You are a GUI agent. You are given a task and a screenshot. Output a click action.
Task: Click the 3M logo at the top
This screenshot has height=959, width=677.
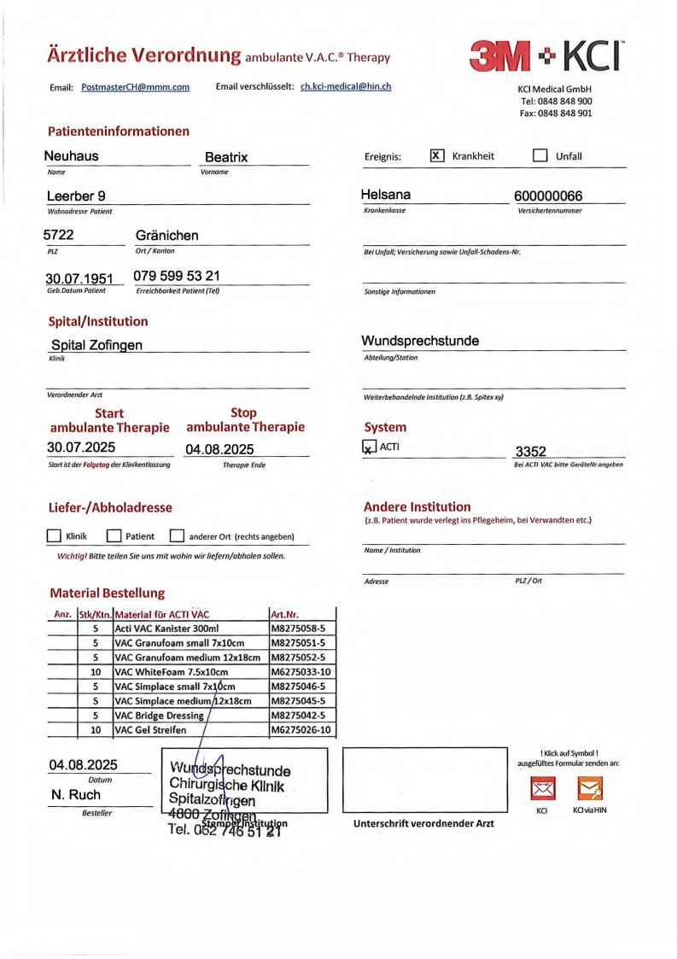point(501,56)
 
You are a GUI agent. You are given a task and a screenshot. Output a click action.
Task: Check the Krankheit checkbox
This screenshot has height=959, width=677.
point(437,155)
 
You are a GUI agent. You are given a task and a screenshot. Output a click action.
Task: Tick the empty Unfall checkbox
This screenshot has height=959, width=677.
point(540,155)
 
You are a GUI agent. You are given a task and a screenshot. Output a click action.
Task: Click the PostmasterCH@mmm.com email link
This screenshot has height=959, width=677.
point(135,87)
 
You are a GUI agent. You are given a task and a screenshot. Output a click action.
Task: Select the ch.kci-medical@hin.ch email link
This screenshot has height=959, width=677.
point(346,86)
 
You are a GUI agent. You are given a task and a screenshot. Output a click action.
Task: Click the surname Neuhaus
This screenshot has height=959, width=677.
point(72,155)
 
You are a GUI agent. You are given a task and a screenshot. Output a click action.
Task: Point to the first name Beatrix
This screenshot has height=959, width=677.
point(226,157)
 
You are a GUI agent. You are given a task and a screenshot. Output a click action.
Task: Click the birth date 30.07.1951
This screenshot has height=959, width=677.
point(79,278)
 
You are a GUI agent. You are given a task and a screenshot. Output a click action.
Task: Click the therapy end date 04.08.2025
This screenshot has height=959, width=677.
point(219,448)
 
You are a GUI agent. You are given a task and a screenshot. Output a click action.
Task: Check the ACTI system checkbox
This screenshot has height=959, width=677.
point(369,447)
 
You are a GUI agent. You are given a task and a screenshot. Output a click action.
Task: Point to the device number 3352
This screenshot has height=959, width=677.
point(530,451)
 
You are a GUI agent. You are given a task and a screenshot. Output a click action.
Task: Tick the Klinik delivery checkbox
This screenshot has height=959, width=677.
point(54,536)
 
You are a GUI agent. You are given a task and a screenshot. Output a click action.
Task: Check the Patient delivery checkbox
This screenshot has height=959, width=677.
point(114,536)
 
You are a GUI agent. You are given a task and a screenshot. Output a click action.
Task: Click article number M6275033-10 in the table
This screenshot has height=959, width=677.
point(301,672)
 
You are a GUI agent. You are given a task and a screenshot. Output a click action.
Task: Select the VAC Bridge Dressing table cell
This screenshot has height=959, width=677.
point(159,716)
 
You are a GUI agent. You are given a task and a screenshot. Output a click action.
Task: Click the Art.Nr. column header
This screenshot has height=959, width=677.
point(284,614)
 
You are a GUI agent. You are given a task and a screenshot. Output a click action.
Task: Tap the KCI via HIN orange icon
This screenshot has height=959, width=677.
point(590,787)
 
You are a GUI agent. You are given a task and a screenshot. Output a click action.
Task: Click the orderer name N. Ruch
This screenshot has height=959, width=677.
point(76,795)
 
